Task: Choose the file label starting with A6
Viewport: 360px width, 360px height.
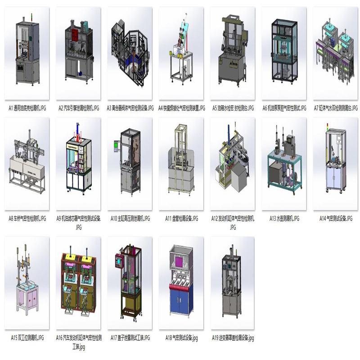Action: (284, 108)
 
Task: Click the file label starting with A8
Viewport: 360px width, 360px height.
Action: (27, 219)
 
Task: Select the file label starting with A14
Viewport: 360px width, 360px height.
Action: (335, 219)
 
